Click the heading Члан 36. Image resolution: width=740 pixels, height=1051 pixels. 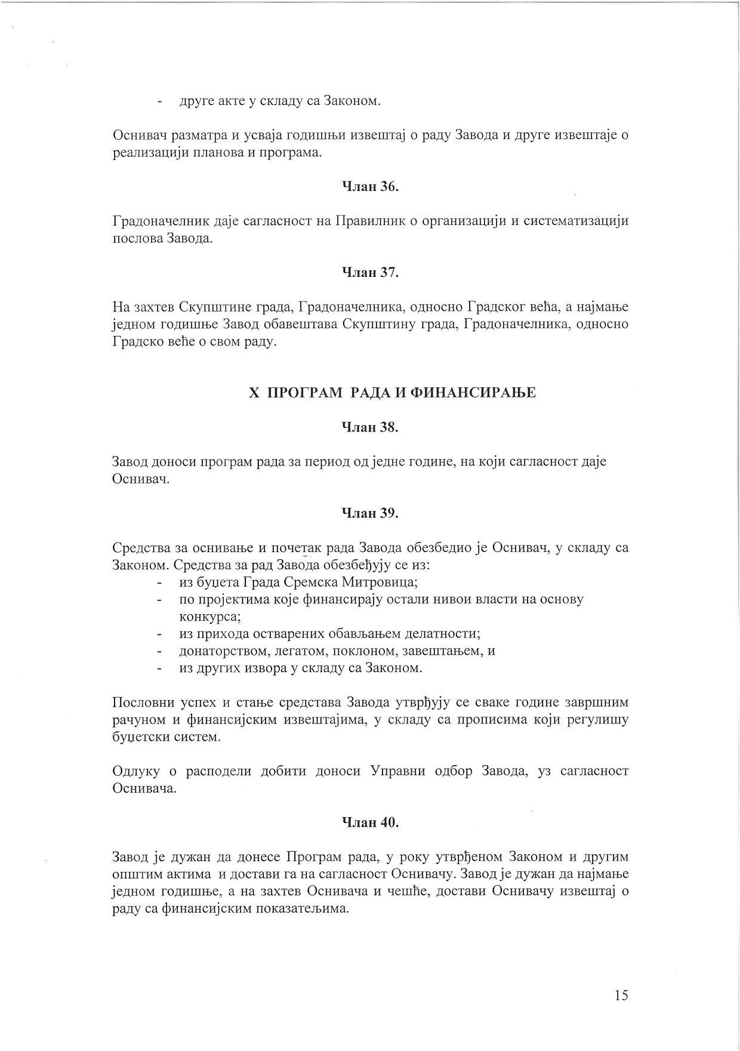pyautogui.click(x=369, y=187)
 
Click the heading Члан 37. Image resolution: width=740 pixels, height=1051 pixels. pyautogui.click(x=369, y=273)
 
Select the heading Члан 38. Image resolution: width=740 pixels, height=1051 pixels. pyautogui.click(x=369, y=427)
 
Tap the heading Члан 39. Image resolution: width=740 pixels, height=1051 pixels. pyautogui.click(x=369, y=513)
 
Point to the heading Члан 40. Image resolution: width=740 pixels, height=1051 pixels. pyautogui.click(x=369, y=822)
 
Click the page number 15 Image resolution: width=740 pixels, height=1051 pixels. pyautogui.click(x=621, y=995)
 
